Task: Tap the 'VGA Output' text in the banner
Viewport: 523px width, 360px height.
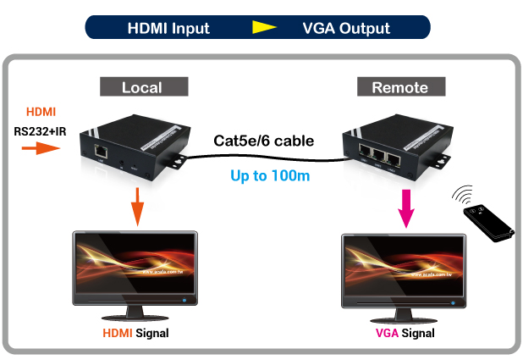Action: click(346, 27)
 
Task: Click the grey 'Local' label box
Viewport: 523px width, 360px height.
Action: click(141, 86)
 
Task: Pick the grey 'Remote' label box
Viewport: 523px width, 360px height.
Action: click(399, 86)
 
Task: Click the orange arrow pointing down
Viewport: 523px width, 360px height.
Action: click(135, 205)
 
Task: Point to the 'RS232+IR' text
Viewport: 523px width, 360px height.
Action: click(40, 130)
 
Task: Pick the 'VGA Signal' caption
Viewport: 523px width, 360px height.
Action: click(405, 333)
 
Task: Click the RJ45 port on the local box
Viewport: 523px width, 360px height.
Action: click(101, 151)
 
